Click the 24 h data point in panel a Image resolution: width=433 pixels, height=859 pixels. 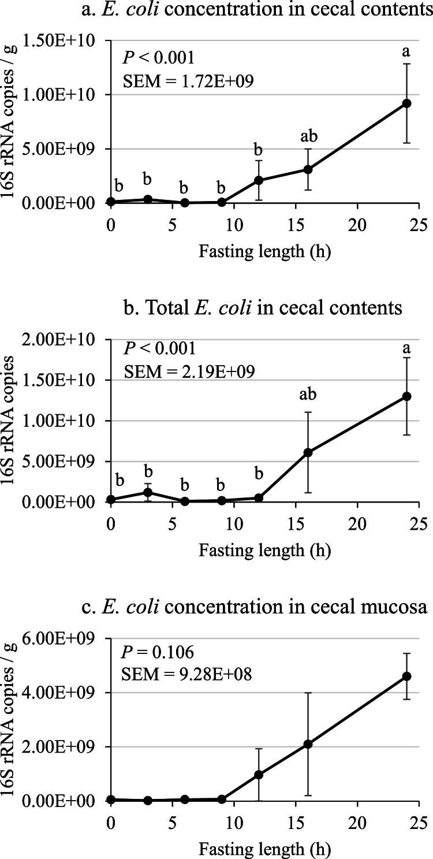tap(406, 103)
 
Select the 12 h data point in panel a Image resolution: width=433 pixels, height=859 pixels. tap(259, 180)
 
